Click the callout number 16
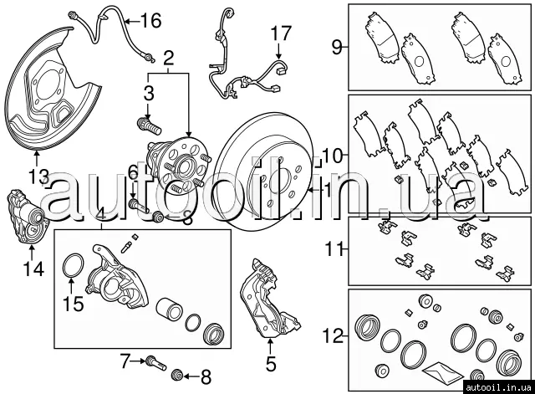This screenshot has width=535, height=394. click(x=150, y=21)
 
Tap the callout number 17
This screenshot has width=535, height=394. click(x=281, y=33)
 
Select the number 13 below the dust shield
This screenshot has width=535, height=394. click(x=38, y=177)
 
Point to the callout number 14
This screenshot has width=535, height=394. click(x=33, y=269)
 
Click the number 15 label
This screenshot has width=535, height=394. click(x=73, y=303)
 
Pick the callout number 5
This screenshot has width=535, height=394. click(x=271, y=364)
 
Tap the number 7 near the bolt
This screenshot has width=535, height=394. click(x=125, y=361)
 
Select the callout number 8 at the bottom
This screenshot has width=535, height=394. click(x=206, y=377)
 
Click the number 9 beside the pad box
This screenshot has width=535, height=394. click(x=336, y=47)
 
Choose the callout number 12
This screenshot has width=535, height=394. click(x=334, y=336)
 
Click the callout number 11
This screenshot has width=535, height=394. click(x=334, y=248)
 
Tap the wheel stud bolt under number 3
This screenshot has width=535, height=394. click(x=149, y=125)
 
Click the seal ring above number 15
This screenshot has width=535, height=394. click(x=74, y=265)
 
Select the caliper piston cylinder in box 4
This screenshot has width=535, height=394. click(x=169, y=310)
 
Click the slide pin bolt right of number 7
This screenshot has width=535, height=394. click(x=156, y=363)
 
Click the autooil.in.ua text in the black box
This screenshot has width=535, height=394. click(x=498, y=386)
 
